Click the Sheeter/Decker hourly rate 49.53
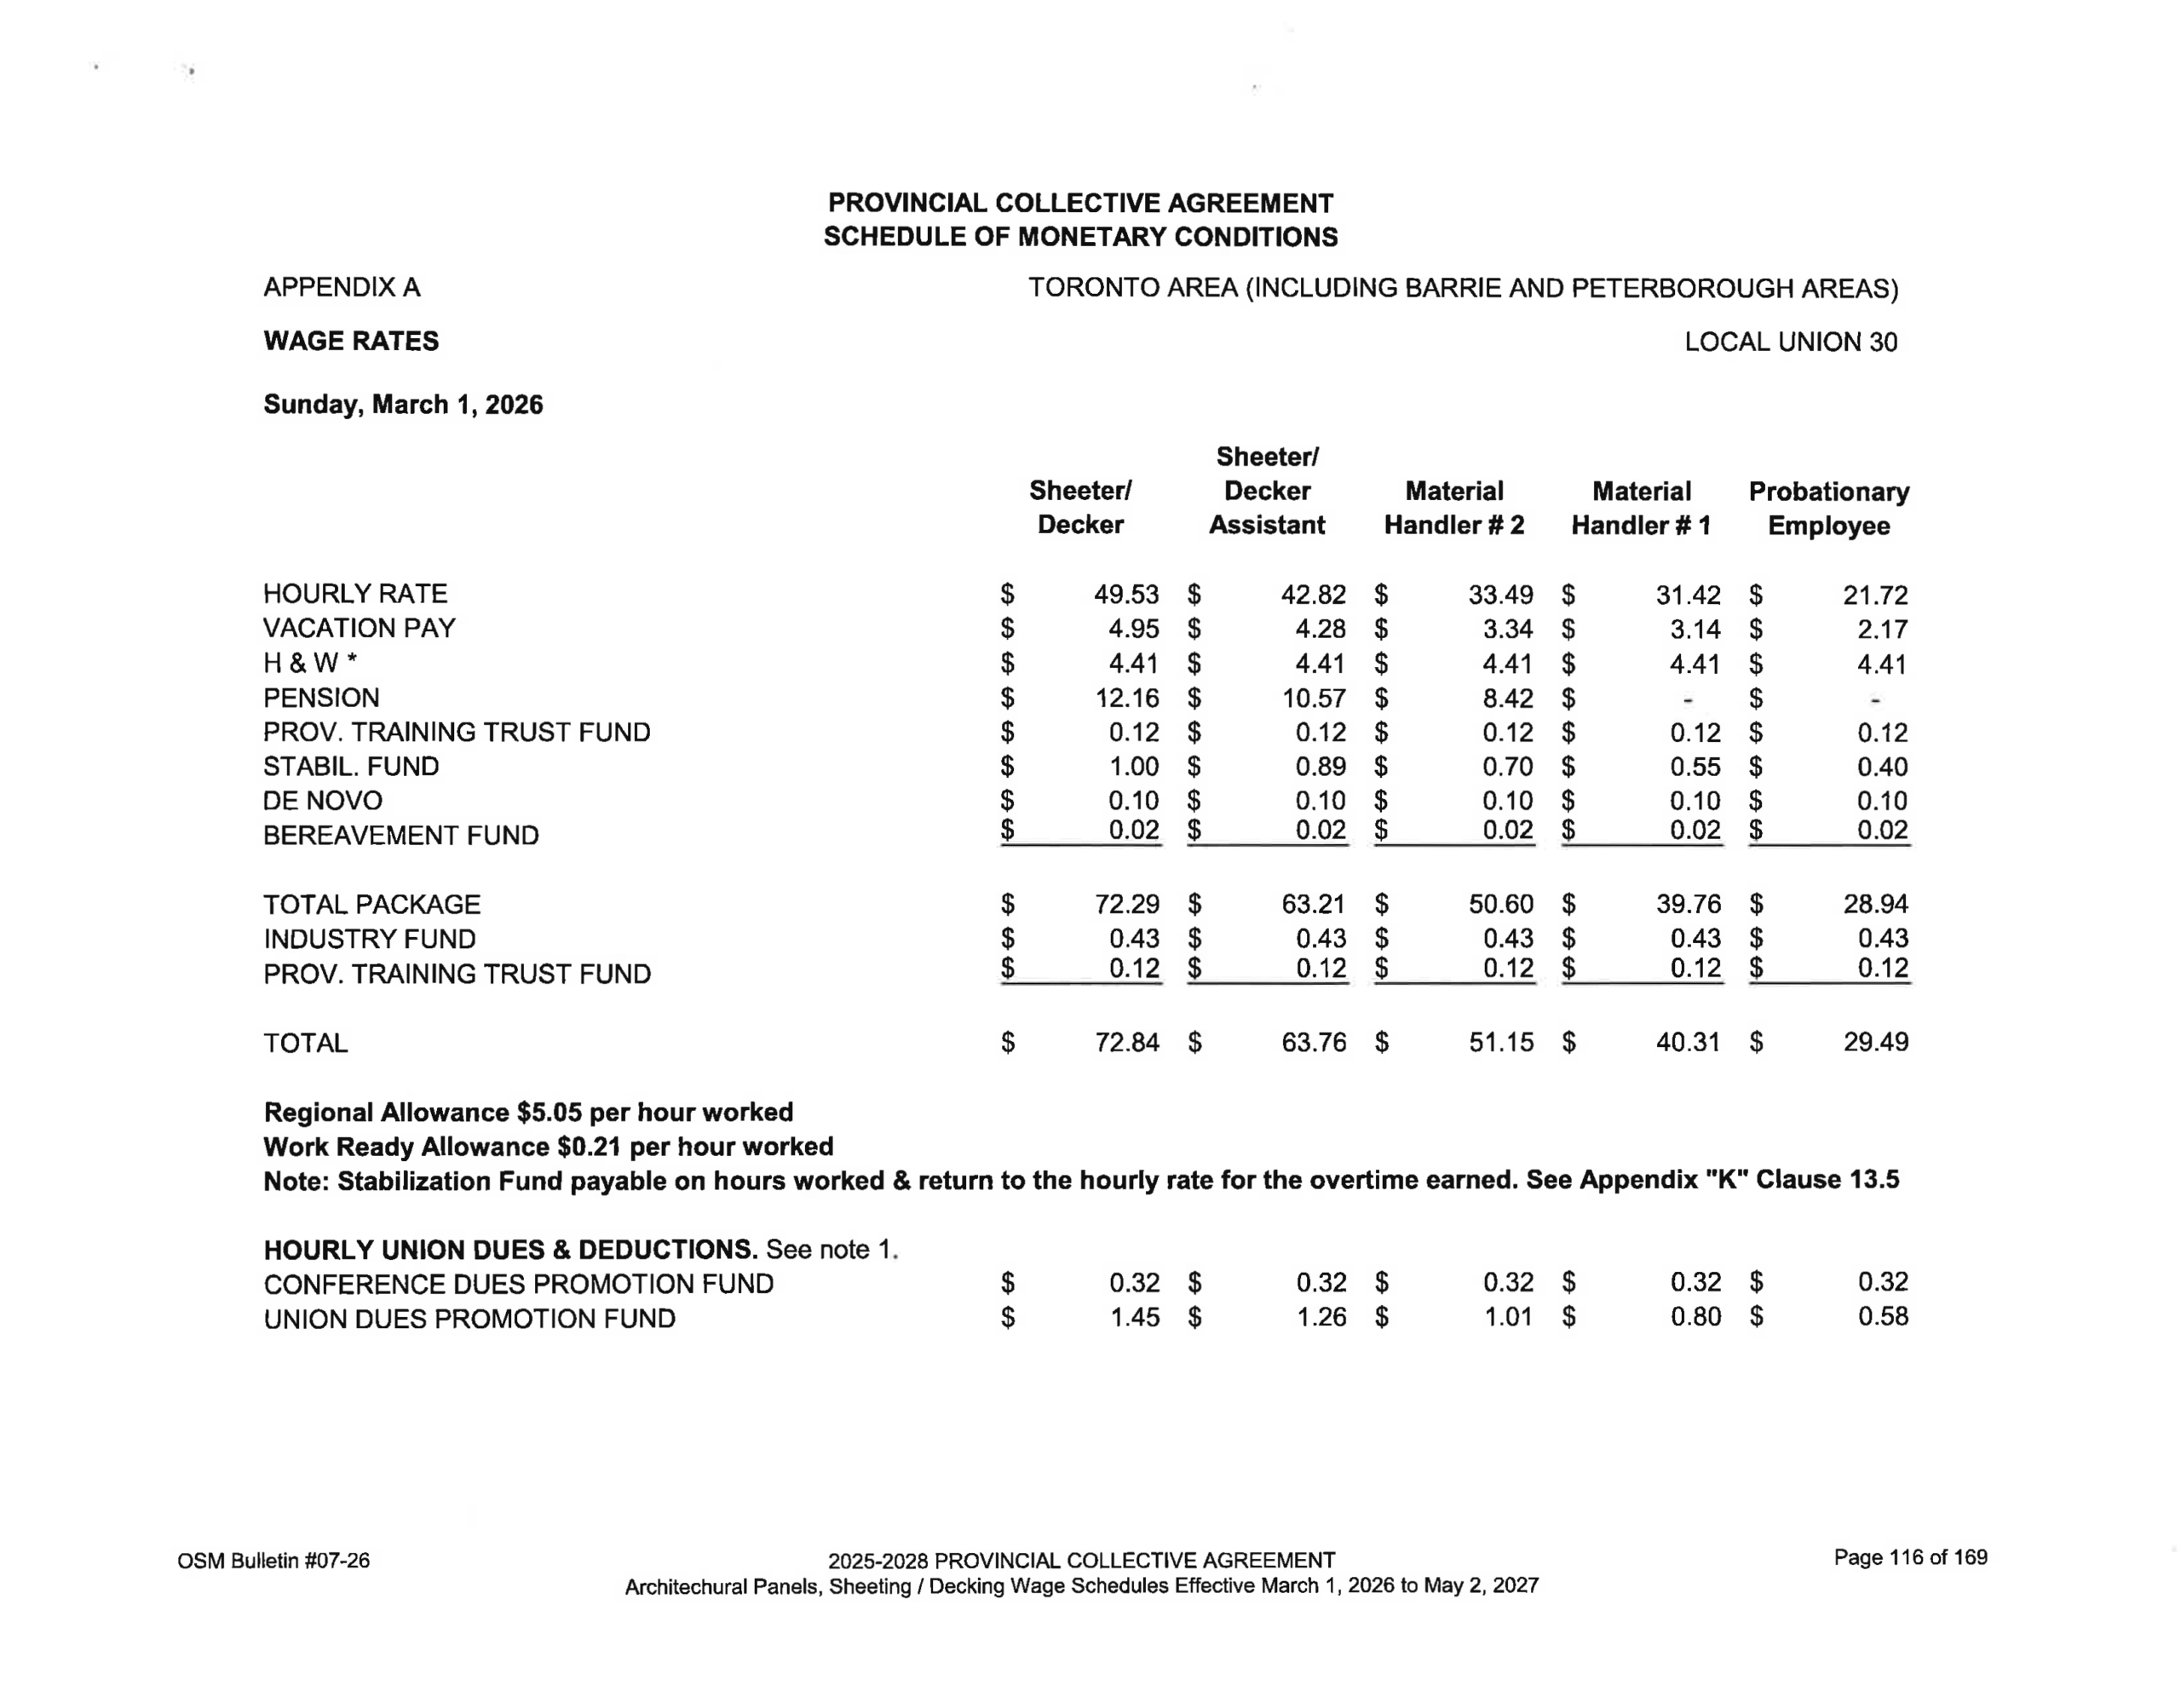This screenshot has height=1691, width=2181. point(1125,595)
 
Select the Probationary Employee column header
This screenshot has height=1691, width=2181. point(1828,509)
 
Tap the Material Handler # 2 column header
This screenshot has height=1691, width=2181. point(1454,509)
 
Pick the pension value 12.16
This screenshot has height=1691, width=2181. point(1125,699)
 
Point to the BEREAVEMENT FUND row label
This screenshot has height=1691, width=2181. point(400,835)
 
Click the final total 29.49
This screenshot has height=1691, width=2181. point(1875,1042)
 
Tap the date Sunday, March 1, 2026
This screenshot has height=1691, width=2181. point(402,405)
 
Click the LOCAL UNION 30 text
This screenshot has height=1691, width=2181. point(1791,342)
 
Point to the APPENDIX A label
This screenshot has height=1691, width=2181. point(342,288)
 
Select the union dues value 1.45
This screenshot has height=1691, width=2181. point(1135,1317)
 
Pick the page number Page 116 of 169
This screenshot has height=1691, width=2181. point(1910,1557)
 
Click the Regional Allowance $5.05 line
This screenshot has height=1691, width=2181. point(528,1113)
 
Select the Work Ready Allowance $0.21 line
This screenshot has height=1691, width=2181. point(549,1147)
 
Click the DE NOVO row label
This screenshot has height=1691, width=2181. point(323,801)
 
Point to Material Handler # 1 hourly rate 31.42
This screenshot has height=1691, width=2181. point(1688,595)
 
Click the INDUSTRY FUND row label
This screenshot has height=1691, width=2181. point(370,939)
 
